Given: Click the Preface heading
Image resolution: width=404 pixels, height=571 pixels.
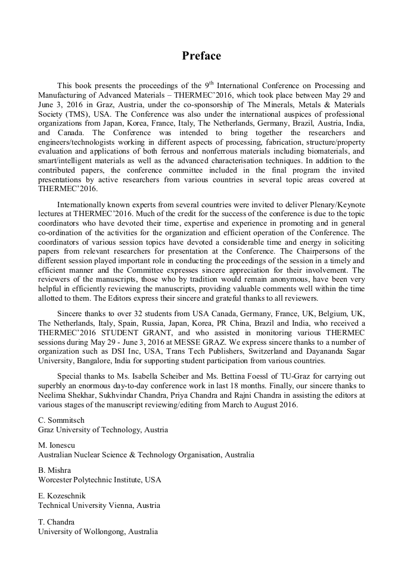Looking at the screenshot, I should pos(201,56).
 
